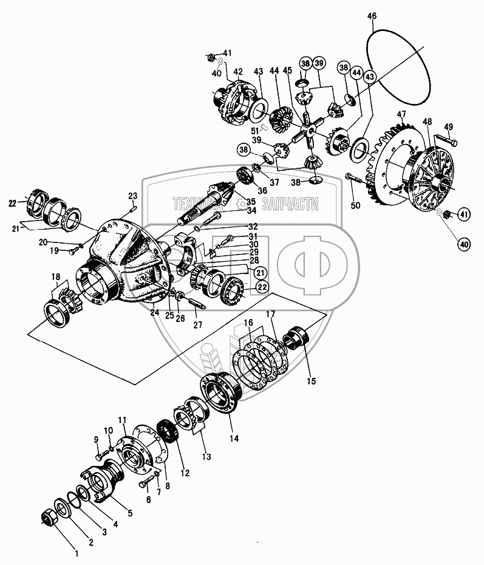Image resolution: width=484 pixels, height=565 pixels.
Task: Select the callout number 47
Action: pyautogui.click(x=401, y=114)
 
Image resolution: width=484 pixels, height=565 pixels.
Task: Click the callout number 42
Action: pyautogui.click(x=238, y=70)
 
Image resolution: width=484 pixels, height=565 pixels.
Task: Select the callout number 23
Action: pyautogui.click(x=133, y=196)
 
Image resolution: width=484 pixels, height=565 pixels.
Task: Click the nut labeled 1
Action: pyautogui.click(x=49, y=517)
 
